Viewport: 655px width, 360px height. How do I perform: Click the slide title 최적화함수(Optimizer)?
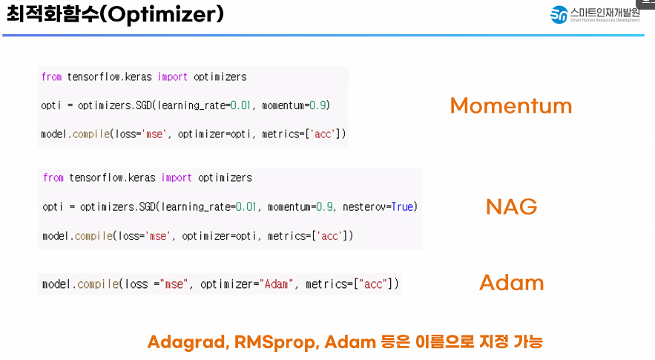(x=115, y=14)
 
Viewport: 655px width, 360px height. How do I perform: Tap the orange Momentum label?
(x=510, y=106)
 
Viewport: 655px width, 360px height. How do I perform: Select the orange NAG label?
(x=511, y=206)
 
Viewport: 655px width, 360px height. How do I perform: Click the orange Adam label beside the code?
(x=511, y=283)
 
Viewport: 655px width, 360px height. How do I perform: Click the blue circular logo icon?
(x=559, y=15)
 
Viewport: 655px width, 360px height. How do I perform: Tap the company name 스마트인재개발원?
(x=605, y=11)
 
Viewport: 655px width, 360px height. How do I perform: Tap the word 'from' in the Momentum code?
(x=51, y=77)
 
